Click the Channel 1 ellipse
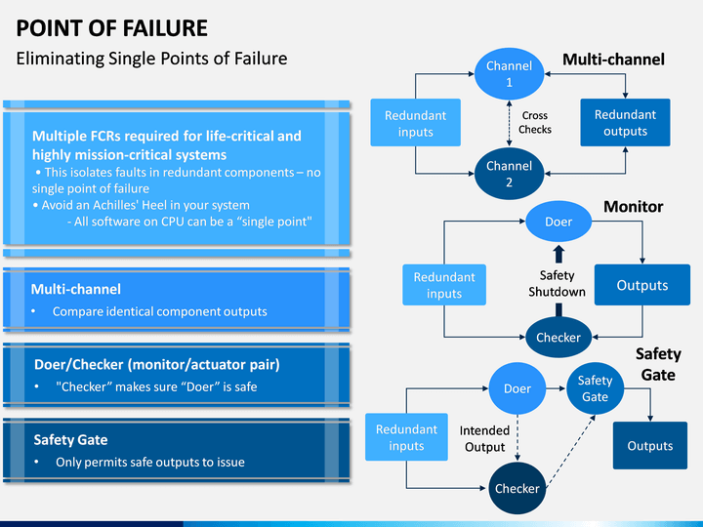click(x=509, y=74)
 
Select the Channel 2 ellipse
click(x=509, y=174)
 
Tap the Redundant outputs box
click(x=625, y=122)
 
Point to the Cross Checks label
click(x=535, y=122)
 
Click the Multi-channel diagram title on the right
click(x=613, y=60)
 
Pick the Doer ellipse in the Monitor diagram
click(x=558, y=222)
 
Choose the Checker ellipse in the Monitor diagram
click(x=558, y=337)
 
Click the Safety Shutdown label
click(x=557, y=283)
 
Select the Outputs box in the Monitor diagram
click(x=642, y=285)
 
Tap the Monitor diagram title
click(x=633, y=207)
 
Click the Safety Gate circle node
click(x=595, y=388)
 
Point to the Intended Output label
click(x=484, y=439)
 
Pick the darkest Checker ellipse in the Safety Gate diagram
click(x=517, y=489)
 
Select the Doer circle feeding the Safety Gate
click(x=517, y=388)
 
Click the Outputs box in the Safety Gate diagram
click(x=650, y=445)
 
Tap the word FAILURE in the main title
click(x=165, y=27)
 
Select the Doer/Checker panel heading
click(x=157, y=364)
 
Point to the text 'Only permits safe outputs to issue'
click(x=150, y=462)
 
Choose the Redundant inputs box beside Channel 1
click(x=415, y=123)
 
